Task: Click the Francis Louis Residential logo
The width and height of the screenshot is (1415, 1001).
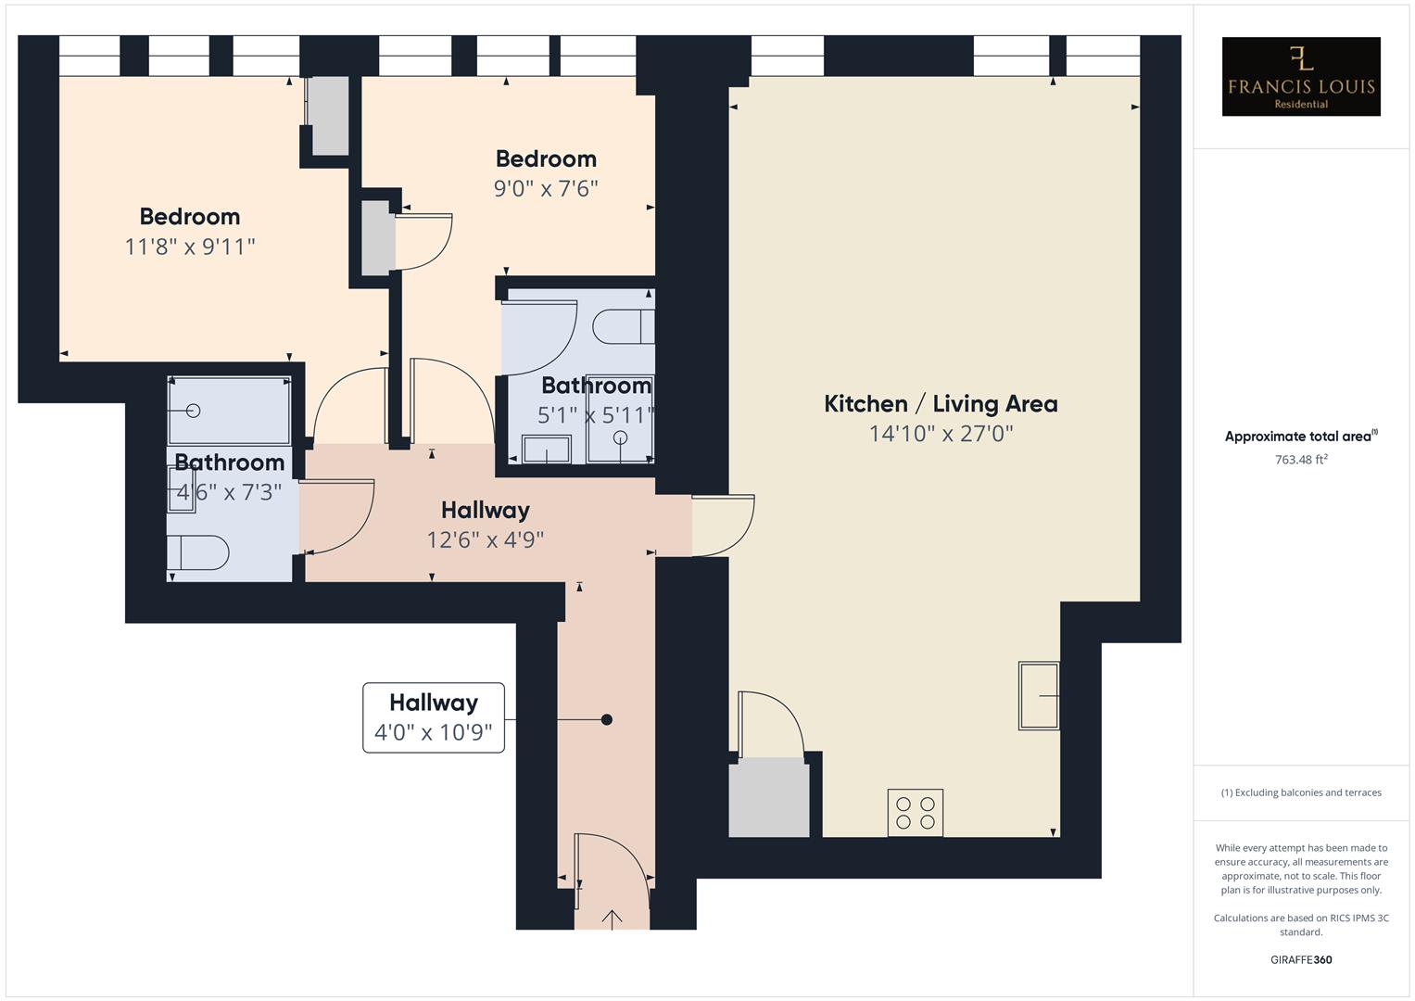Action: [x=1300, y=76]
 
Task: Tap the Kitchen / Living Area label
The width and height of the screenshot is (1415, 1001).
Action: [x=941, y=404]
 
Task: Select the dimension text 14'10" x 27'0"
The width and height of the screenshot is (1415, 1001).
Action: [x=941, y=434]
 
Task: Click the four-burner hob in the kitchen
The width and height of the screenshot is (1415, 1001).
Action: [x=915, y=813]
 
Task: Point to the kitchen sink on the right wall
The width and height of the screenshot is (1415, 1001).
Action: [x=1039, y=695]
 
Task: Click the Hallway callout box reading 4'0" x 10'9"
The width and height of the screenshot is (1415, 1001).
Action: [x=434, y=717]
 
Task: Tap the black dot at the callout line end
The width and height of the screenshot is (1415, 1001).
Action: [x=607, y=719]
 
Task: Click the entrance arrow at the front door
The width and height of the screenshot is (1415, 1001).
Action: [x=613, y=919]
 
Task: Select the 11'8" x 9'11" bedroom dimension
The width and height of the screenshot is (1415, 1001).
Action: [x=190, y=247]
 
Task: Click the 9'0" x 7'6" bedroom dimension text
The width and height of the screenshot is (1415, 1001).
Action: [x=546, y=189]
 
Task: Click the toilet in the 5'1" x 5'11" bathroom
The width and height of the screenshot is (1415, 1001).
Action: [x=623, y=327]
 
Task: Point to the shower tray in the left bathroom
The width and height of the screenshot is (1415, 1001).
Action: [x=229, y=411]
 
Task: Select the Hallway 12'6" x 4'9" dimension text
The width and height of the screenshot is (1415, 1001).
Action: [x=485, y=539]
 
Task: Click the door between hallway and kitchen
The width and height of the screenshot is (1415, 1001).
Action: [x=723, y=525]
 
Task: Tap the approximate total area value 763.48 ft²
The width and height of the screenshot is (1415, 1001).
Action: [x=1300, y=460]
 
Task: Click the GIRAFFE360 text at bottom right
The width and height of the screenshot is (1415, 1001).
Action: [x=1300, y=959]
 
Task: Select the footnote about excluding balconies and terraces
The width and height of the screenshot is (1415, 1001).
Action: [x=1300, y=792]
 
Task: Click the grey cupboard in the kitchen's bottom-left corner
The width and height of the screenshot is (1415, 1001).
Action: [x=768, y=797]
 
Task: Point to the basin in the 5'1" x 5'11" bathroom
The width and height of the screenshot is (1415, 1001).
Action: [x=547, y=450]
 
